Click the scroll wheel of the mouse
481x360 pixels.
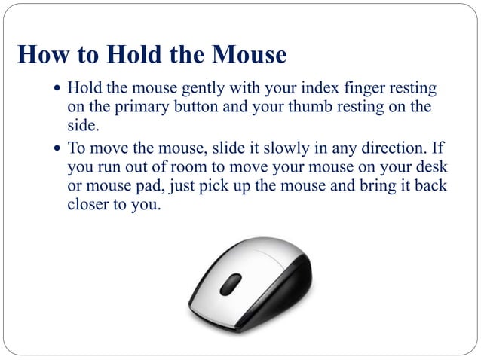click(x=231, y=283)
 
